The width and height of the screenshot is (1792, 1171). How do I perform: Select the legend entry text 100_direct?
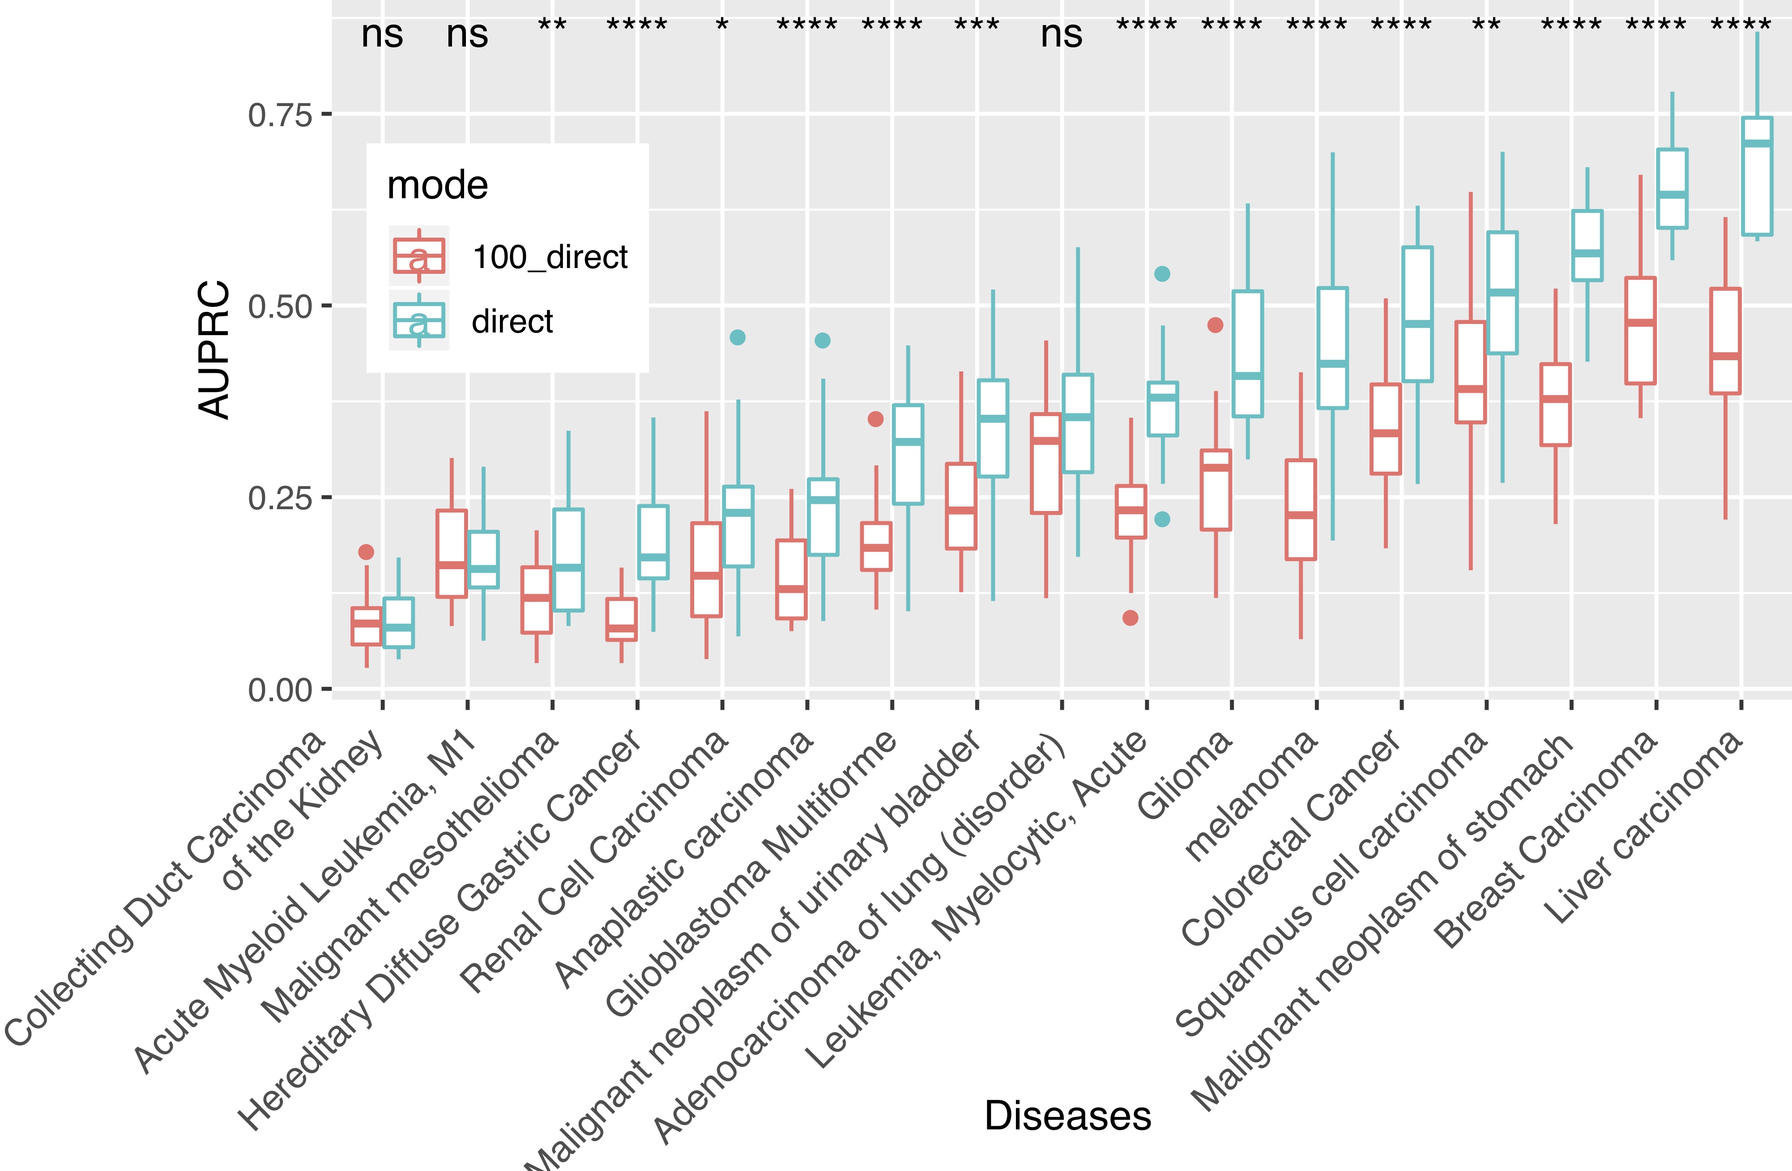[x=550, y=257]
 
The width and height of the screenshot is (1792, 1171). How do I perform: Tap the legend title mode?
[x=437, y=185]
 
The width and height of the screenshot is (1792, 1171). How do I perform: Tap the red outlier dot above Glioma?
[x=1215, y=325]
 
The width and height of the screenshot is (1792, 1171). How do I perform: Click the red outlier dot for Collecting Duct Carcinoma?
[x=367, y=552]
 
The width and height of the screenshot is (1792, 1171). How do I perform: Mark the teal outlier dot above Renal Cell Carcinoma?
[x=738, y=337]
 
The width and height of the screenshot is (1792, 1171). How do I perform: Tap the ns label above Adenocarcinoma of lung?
[x=1062, y=34]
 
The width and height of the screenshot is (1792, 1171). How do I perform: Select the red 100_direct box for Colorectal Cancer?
[x=1386, y=429]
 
